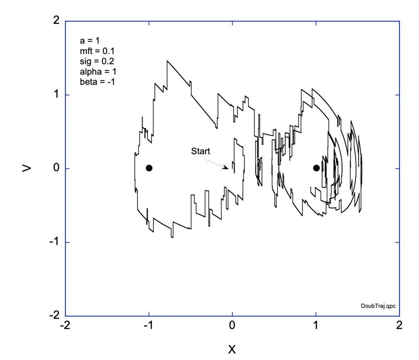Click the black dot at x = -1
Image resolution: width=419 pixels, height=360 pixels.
click(149, 168)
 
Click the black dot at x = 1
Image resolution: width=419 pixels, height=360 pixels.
click(316, 168)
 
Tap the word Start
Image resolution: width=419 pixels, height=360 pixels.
click(200, 151)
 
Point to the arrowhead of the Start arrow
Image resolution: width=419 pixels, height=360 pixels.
click(228, 168)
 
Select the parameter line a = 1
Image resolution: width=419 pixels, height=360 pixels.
click(90, 41)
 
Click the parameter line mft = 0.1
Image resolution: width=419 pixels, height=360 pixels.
click(97, 51)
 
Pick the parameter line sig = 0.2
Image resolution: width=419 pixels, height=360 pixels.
click(97, 61)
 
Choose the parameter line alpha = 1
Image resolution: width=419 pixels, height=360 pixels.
click(98, 71)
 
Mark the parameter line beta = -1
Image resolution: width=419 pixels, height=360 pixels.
click(97, 82)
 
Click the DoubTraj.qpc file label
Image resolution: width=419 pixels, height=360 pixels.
click(378, 306)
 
